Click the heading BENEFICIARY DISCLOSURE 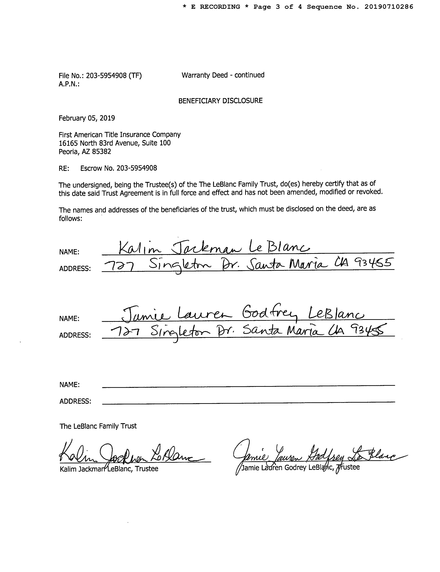[x=220, y=101]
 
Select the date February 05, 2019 [x=87, y=118]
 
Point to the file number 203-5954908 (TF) [x=114, y=76]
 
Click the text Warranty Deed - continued [x=223, y=75]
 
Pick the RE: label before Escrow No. [x=64, y=168]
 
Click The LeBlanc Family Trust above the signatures [x=98, y=426]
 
